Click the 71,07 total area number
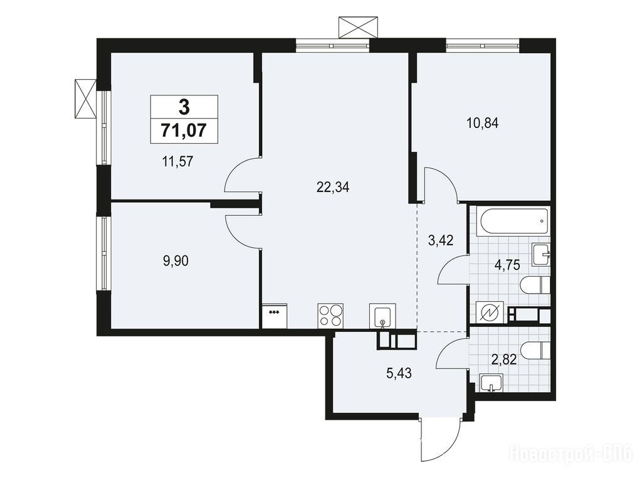(184, 131)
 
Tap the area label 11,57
(177, 162)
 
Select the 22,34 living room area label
(333, 187)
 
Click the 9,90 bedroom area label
(176, 260)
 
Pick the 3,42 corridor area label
(441, 240)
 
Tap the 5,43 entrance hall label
(399, 373)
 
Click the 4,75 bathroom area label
(507, 265)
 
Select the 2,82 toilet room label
(503, 360)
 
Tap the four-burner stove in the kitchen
(330, 316)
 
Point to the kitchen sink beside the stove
(383, 316)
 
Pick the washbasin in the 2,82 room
(490, 383)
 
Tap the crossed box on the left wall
(85, 99)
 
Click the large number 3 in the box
(184, 108)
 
